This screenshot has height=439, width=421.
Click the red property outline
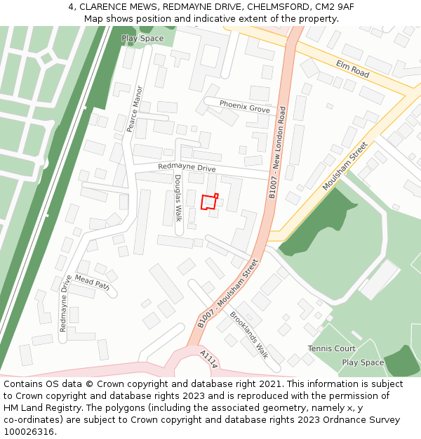tap(208, 202)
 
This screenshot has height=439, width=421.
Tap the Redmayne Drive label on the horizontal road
tap(187, 168)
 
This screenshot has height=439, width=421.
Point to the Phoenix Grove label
tap(244, 106)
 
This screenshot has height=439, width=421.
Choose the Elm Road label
tap(352, 69)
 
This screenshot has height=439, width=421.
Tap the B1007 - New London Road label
tap(278, 152)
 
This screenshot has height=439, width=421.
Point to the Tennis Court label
tap(331, 348)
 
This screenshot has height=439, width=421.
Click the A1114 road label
tap(209, 358)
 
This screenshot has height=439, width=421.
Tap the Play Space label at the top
tap(142, 39)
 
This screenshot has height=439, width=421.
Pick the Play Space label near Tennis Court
tap(363, 362)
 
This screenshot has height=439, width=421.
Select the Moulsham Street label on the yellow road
tap(345, 166)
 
